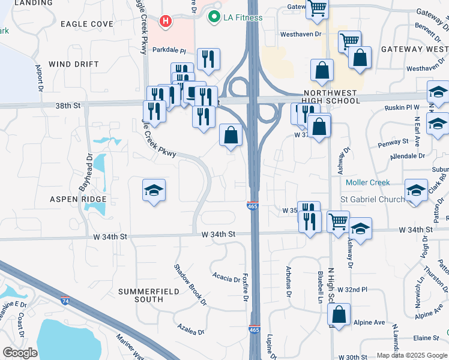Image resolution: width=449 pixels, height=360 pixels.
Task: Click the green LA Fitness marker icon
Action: (x=212, y=17)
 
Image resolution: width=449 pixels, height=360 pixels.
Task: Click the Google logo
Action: (x=19, y=353)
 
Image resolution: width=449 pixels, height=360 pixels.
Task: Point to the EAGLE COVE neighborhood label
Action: (x=86, y=23)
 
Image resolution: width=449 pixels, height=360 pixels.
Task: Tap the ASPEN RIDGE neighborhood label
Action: (x=78, y=199)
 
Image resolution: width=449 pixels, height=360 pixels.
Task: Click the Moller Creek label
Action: (x=368, y=182)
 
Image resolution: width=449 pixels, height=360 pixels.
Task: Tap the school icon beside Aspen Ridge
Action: (x=154, y=191)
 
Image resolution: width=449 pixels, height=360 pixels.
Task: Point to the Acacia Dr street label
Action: (x=226, y=277)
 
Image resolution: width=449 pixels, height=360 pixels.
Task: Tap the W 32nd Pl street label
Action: (x=352, y=289)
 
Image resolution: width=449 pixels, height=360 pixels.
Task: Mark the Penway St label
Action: (x=393, y=143)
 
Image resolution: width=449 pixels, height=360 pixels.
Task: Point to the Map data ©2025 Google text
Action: (x=411, y=355)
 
